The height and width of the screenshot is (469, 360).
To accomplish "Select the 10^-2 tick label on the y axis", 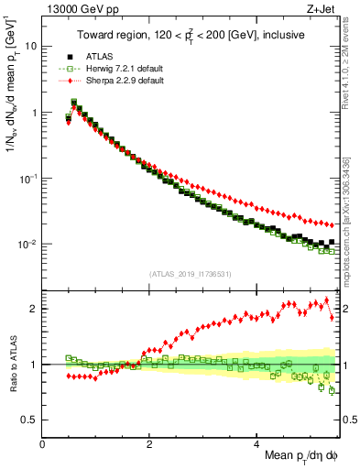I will click(27, 245).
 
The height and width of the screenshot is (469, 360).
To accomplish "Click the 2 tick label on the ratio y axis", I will click(34, 309).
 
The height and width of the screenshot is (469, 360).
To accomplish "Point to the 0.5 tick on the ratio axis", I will click(29, 420).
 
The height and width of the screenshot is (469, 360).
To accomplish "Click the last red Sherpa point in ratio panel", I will click(332, 317).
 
